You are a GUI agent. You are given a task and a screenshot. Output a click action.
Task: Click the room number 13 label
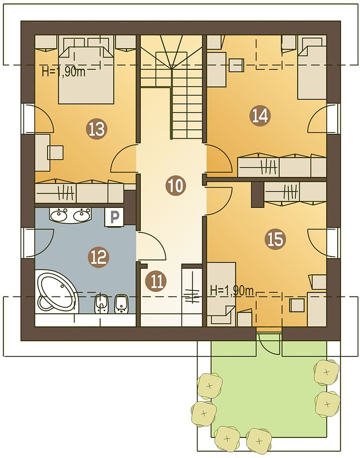pos(97,129)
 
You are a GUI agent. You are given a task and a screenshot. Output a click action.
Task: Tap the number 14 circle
pos(260,116)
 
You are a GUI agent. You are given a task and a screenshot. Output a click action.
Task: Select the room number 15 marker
pos(276,239)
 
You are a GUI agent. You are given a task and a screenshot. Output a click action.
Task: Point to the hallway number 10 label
pos(176,185)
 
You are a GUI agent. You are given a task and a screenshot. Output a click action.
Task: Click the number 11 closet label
pos(156,282)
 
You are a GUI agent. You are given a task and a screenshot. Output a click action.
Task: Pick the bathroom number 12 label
pos(98,257)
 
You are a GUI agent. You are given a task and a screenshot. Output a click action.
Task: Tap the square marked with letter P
pos(114,217)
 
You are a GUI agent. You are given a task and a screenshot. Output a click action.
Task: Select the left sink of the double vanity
pos(60,215)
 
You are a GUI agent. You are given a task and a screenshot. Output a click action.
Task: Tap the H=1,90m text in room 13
pos(64,72)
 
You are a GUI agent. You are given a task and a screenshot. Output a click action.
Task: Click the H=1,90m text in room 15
pos(232,291)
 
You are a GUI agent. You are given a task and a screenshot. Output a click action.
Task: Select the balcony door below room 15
pos(269,343)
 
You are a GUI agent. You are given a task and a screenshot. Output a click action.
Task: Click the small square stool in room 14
pos(236,65)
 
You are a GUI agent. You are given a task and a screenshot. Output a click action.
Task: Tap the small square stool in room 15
pos(297,305)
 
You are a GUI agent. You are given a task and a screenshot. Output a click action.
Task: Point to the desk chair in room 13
pos(55,152)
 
